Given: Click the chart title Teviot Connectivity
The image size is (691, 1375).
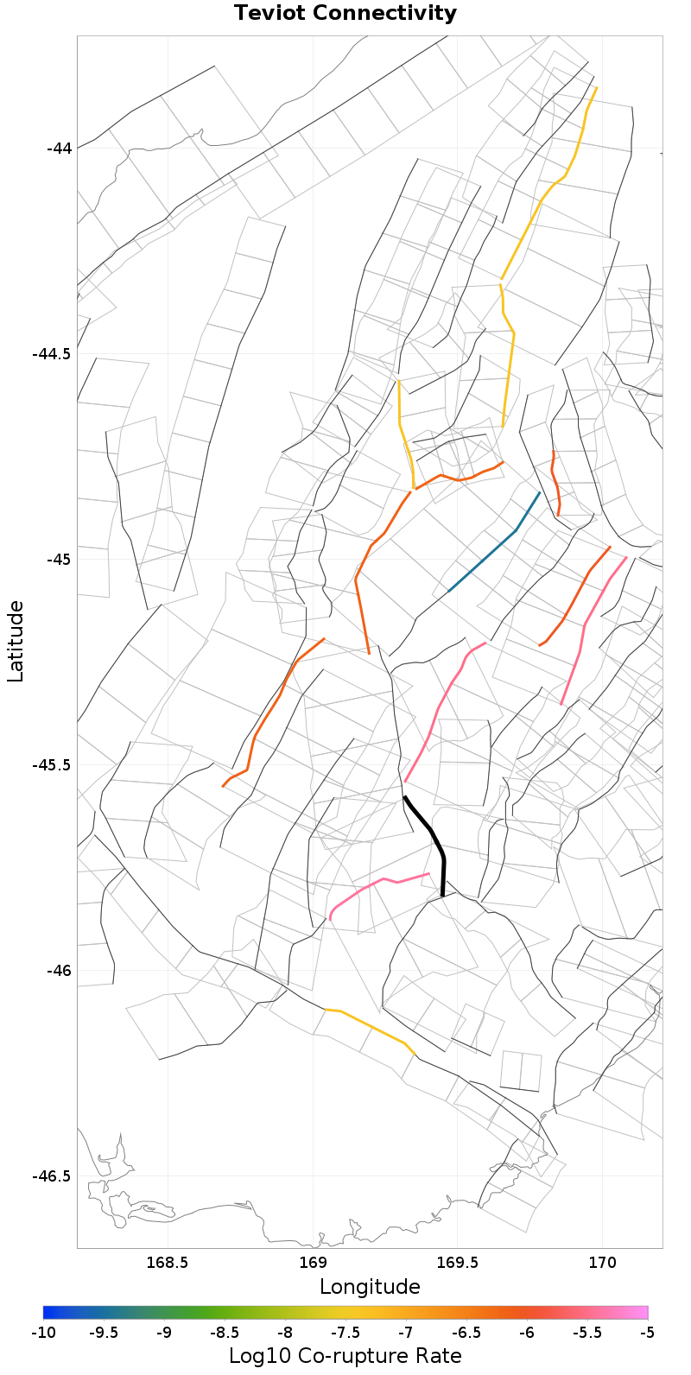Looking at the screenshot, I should pyautogui.click(x=345, y=14).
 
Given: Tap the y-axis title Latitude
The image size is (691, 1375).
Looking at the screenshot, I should pyautogui.click(x=16, y=642).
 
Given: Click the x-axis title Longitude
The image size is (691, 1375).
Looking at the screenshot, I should pyautogui.click(x=370, y=1287).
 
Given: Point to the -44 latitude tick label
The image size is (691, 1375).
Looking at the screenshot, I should pyautogui.click(x=59, y=148).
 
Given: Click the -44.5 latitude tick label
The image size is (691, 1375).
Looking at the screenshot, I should pyautogui.click(x=53, y=353).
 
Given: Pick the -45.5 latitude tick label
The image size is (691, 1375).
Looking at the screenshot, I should pyautogui.click(x=53, y=764).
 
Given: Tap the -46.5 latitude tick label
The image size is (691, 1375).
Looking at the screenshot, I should pyautogui.click(x=53, y=1175).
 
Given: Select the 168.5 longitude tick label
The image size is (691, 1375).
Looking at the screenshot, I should pyautogui.click(x=167, y=1263).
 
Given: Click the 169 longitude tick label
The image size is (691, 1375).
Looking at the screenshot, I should pyautogui.click(x=312, y=1263).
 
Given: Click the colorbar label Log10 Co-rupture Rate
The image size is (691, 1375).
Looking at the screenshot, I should pyautogui.click(x=345, y=1355).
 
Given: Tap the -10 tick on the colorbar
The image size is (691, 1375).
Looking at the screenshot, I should pyautogui.click(x=43, y=1333).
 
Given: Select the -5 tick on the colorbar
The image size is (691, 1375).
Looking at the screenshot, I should pyautogui.click(x=647, y=1333).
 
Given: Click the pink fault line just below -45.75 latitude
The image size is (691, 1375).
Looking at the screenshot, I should pyautogui.click(x=380, y=883).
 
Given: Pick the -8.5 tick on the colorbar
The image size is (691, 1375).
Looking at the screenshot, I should pyautogui.click(x=225, y=1333).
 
